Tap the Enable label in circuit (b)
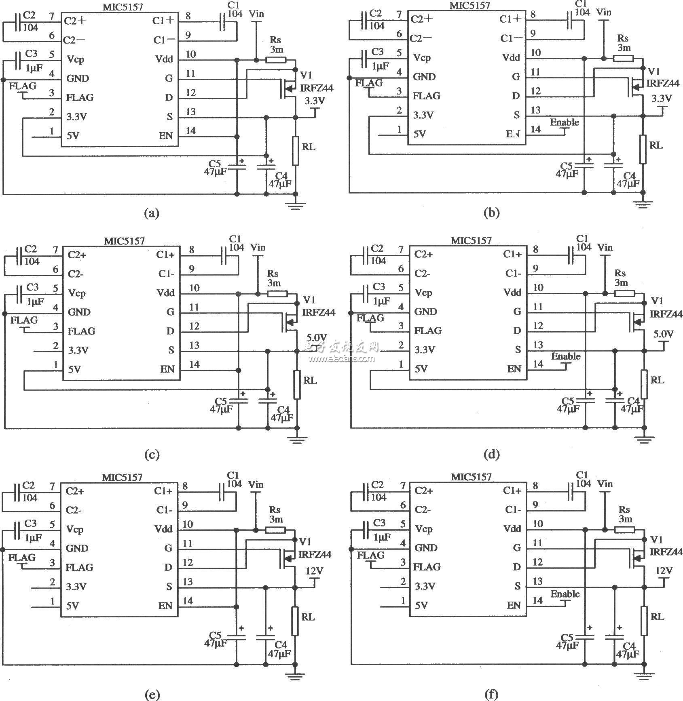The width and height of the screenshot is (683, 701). pyautogui.click(x=565, y=122)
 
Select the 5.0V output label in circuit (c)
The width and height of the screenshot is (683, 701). pyautogui.click(x=317, y=338)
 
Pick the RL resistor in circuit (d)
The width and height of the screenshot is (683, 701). pyautogui.click(x=644, y=384)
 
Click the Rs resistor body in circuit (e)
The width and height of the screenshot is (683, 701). pyautogui.click(x=275, y=530)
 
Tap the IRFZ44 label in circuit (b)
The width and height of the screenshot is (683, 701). pyautogui.click(x=663, y=83)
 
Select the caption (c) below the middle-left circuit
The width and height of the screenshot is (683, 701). pyautogui.click(x=152, y=455)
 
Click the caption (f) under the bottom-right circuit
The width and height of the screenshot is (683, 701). pyautogui.click(x=491, y=695)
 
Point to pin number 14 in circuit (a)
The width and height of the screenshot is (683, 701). pyautogui.click(x=190, y=131)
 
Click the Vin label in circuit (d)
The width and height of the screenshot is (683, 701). pyautogui.click(x=605, y=247)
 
